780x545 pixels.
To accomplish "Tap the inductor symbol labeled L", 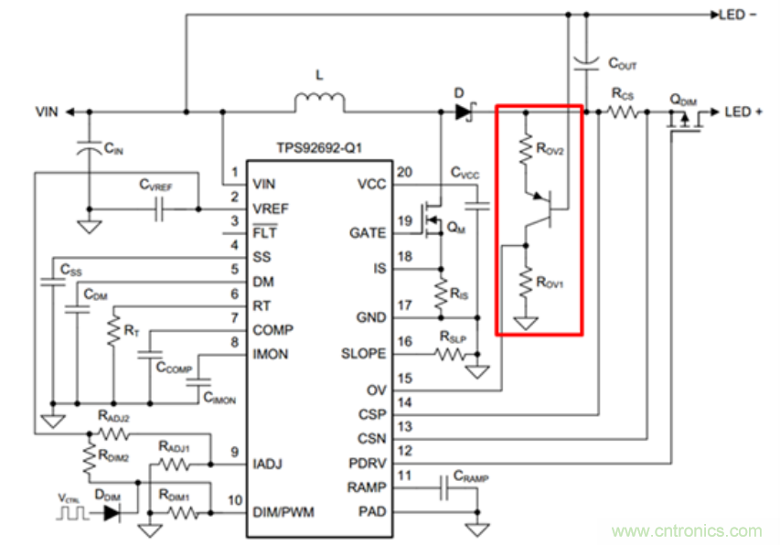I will coord(319,102).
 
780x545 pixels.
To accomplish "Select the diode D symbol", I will coord(465,112).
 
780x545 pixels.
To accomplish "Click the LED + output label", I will coord(744,112).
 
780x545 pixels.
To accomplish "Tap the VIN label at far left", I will coord(47,112).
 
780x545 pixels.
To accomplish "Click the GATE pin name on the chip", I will coord(368,233).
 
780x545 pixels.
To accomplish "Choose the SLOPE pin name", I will coord(363,353).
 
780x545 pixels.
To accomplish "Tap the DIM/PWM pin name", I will coord(283,512).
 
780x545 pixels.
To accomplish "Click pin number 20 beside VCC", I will coord(402,172).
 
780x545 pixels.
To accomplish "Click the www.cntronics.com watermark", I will coord(686,531).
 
